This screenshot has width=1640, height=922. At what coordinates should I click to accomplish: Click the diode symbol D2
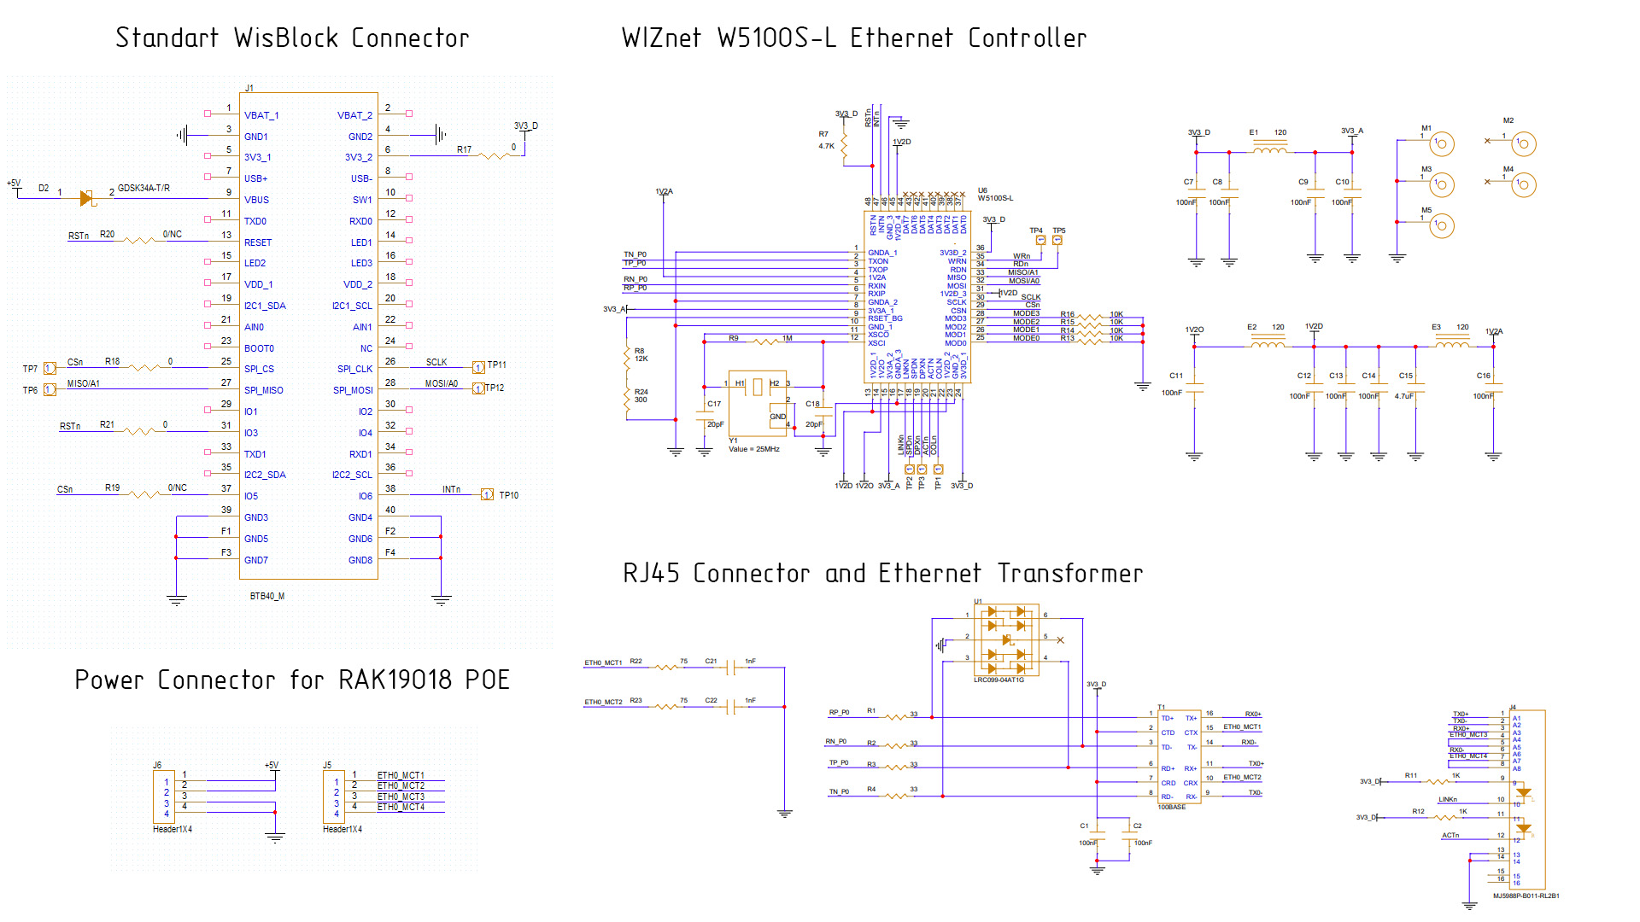click(85, 198)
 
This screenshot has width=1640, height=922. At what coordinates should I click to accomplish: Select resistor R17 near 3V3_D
click(495, 155)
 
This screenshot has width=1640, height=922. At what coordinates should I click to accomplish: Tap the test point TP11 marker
click(479, 367)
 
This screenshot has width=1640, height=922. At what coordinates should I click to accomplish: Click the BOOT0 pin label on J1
click(259, 348)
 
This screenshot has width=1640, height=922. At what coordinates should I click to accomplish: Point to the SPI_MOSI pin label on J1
click(353, 390)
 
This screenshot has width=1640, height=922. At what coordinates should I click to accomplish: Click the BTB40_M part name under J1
click(266, 596)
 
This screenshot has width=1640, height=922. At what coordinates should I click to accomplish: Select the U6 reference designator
click(982, 190)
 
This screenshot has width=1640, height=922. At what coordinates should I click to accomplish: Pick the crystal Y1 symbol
click(757, 388)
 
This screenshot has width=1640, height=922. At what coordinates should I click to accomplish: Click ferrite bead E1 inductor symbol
click(1270, 150)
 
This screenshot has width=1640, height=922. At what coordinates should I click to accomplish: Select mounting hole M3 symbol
click(1442, 184)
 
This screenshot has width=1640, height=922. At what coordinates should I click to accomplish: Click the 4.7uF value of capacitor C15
click(1404, 396)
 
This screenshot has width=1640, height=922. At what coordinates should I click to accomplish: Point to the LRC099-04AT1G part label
click(999, 680)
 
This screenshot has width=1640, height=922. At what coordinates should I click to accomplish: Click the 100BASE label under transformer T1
click(1171, 807)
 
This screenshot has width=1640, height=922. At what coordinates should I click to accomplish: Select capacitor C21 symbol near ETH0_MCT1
click(730, 668)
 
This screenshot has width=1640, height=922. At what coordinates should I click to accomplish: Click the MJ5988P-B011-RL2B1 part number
click(1526, 896)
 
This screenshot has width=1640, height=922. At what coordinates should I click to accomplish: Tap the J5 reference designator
click(327, 765)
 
